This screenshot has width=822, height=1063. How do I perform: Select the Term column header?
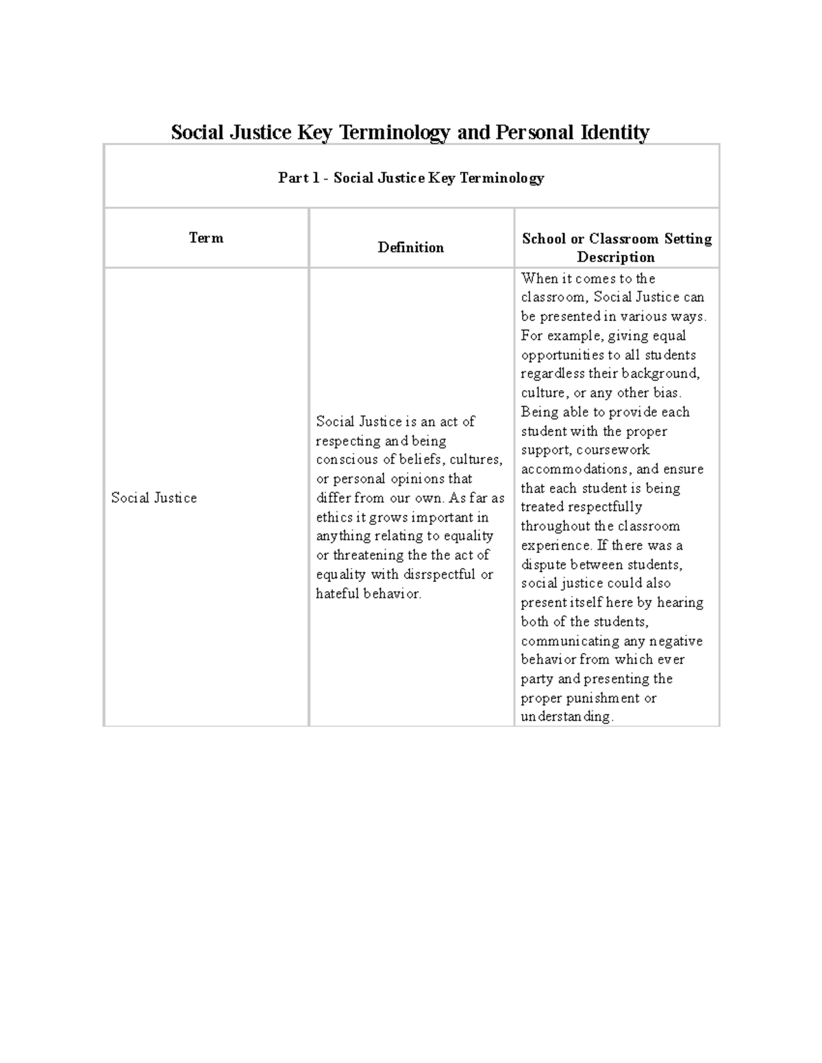206,238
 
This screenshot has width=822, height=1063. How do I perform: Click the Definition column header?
410,247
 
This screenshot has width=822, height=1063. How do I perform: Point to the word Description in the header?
616,257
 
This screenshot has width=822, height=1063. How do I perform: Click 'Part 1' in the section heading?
299,178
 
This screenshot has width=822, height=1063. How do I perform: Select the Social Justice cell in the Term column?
154,498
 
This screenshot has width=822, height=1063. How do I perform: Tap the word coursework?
613,450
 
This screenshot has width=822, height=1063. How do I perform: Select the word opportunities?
562,355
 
